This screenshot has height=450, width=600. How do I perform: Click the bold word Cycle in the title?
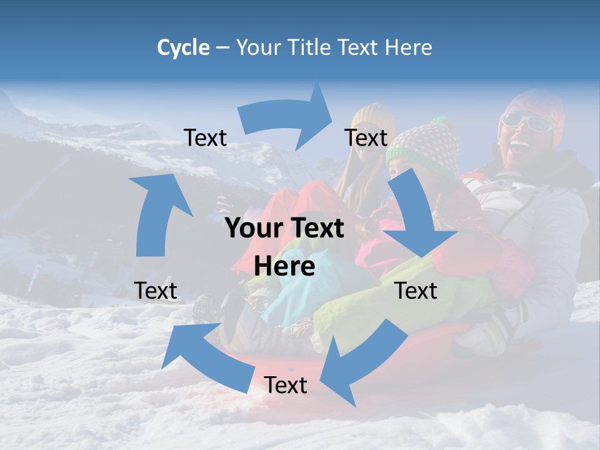point(183,47)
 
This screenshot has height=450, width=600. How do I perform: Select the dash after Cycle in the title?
point(222,47)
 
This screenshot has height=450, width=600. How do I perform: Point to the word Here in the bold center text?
point(284,266)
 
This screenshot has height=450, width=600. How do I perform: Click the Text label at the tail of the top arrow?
point(205,137)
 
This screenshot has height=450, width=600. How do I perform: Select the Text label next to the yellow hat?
point(366,137)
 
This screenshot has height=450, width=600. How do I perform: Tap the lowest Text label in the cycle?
point(286,385)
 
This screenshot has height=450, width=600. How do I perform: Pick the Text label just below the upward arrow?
point(156,291)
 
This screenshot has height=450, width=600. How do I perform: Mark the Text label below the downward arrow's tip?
point(416,291)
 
